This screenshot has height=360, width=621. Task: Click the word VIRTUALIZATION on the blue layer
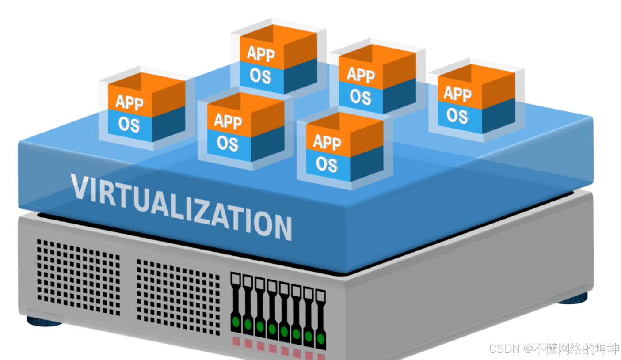pyautogui.click(x=181, y=205)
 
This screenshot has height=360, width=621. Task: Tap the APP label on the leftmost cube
pyautogui.click(x=130, y=102)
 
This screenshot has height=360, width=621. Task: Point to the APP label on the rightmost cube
pyautogui.click(x=457, y=94)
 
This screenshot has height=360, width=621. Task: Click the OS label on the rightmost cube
pyautogui.click(x=457, y=116)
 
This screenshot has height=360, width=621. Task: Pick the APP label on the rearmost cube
pyautogui.click(x=261, y=53)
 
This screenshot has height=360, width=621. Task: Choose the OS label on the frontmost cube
pyautogui.click(x=327, y=164)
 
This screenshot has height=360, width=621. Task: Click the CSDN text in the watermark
pyautogui.click(x=504, y=349)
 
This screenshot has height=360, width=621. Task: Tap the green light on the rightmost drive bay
pyautogui.click(x=321, y=339)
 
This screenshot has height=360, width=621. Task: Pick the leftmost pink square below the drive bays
pyautogui.click(x=236, y=341)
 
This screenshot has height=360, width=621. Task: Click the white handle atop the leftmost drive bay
pyautogui.click(x=236, y=278)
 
